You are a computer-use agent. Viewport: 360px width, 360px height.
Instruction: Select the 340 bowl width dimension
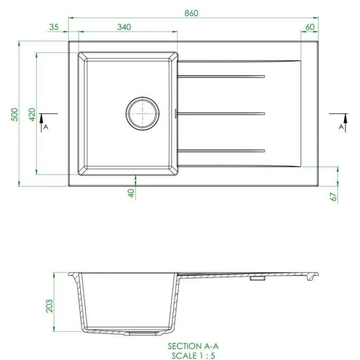[x=123, y=27]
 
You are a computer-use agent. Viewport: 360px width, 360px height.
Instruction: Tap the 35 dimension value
[x=53, y=27]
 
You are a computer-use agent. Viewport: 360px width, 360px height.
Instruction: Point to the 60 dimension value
[x=310, y=27]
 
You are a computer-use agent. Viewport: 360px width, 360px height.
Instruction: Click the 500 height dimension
[x=15, y=114]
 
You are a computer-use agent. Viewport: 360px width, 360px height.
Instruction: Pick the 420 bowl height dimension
[x=31, y=114]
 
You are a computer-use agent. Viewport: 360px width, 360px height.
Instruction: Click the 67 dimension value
[x=333, y=196]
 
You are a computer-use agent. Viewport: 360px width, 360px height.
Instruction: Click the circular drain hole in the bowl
[x=142, y=113]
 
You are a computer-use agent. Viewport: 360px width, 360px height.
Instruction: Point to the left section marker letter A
[x=46, y=127]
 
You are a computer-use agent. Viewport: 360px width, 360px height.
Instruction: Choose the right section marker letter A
[x=341, y=127]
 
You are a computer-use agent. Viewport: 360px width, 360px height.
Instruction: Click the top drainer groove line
[x=221, y=77]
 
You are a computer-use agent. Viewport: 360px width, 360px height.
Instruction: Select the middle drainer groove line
[x=221, y=113]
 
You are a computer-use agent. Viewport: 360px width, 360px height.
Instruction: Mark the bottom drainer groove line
[x=221, y=150]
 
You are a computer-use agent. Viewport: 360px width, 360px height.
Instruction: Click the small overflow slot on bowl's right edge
[x=177, y=113]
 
